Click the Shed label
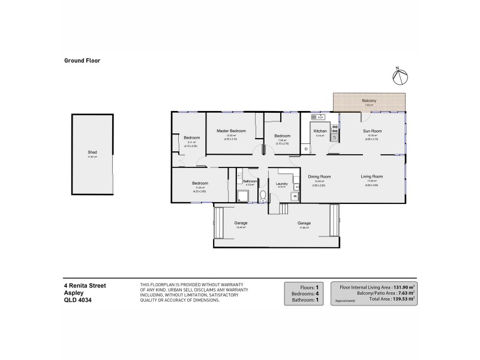click(x=92, y=152)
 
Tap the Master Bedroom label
click(x=231, y=131)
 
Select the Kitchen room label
click(x=320, y=131)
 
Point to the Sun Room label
click(x=372, y=131)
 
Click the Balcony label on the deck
click(x=369, y=100)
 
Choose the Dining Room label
click(x=320, y=176)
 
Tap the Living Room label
click(x=371, y=176)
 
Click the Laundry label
click(x=281, y=184)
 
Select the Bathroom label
click(x=250, y=181)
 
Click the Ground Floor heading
click(x=82, y=61)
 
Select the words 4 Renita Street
click(x=85, y=286)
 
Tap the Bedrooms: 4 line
click(x=308, y=293)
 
